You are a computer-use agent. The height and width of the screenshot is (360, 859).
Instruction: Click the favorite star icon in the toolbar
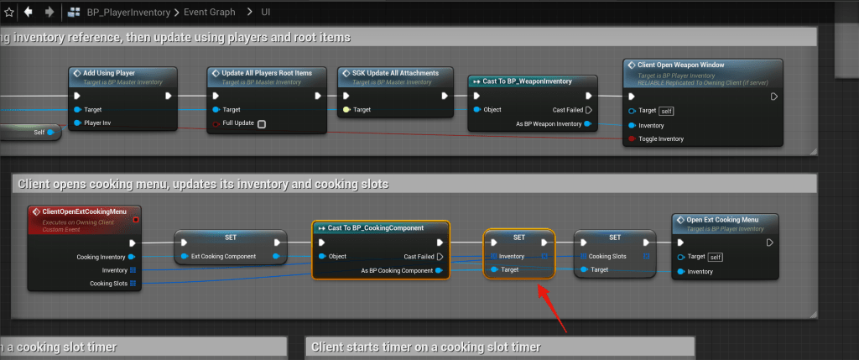point(8,12)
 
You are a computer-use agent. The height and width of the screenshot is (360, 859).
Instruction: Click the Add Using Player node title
point(110,73)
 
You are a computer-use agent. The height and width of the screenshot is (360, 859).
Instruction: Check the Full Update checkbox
point(262,124)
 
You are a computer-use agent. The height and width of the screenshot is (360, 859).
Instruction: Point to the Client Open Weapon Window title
point(681,65)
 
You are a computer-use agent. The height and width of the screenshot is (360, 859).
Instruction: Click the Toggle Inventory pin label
point(661,138)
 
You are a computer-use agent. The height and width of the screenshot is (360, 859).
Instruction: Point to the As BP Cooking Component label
point(396,270)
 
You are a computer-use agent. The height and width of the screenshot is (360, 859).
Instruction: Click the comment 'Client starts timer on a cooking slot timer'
point(424,347)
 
